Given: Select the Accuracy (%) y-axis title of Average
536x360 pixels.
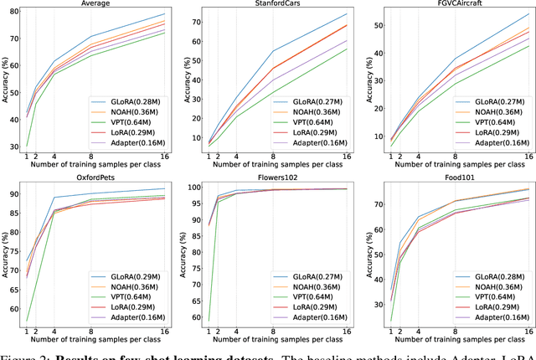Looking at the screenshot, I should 6,84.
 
